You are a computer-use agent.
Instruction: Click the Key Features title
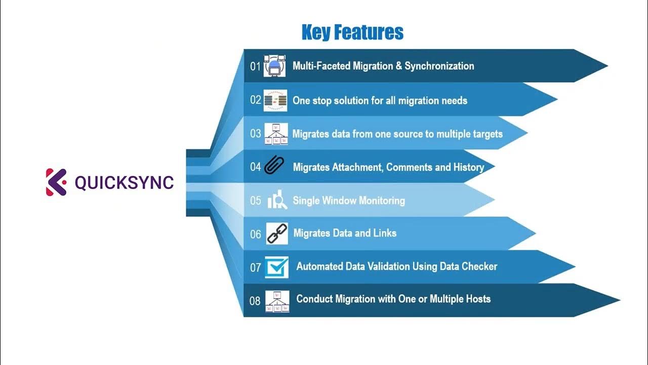[x=352, y=32]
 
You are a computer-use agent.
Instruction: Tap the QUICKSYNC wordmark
[x=124, y=182]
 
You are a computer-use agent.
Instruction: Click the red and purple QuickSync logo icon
[x=56, y=182]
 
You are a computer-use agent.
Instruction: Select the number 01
[x=255, y=66]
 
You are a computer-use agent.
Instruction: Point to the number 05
[x=256, y=201]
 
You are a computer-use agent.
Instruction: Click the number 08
[x=255, y=301]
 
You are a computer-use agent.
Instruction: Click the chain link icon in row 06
[x=276, y=233]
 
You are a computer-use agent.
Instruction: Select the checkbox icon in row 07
[x=276, y=267]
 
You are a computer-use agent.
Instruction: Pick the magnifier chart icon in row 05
[x=277, y=201]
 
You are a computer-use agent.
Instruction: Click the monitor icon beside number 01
[x=275, y=66]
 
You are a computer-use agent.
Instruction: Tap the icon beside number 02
[x=275, y=100]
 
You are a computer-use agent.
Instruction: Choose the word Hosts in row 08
[x=476, y=299]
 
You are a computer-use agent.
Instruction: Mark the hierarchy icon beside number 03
[x=276, y=134]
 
